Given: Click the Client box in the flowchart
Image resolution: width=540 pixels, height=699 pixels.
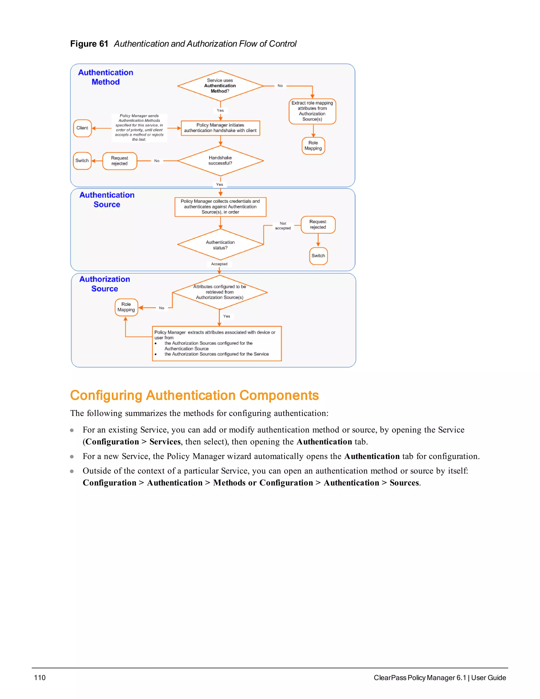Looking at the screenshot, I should [x=82, y=128].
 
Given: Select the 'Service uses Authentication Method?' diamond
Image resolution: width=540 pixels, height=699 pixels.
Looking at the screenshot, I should [x=220, y=86].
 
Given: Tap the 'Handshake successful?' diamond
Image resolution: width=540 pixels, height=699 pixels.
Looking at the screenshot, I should [x=220, y=160].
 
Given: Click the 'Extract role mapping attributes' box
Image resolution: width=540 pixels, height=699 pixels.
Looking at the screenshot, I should [x=312, y=111].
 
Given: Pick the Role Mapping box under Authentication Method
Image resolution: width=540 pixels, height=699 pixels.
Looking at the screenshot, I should [x=313, y=146].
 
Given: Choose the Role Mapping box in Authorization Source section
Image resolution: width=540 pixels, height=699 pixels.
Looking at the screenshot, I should [x=126, y=307].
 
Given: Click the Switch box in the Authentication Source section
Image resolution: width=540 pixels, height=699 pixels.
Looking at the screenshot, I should [x=318, y=256].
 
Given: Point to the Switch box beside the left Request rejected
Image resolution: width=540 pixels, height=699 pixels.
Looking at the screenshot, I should [x=82, y=161].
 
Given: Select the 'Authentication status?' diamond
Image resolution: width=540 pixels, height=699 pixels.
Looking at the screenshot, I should [x=220, y=245].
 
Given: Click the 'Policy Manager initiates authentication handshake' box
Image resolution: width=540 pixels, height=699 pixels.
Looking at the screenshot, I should [x=220, y=128].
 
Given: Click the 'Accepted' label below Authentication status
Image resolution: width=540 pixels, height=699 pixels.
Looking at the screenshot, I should [x=219, y=264].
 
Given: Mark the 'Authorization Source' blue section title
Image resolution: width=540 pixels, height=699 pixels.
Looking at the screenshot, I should [x=105, y=284].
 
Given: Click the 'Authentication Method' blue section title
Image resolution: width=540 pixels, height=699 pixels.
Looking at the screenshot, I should [x=105, y=77].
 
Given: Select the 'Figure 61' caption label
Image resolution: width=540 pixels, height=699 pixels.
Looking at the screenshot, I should [x=89, y=44].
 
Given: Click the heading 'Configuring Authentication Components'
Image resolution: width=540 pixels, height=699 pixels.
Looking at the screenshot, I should [x=194, y=395].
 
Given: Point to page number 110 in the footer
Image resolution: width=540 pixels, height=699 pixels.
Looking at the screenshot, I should [x=40, y=678].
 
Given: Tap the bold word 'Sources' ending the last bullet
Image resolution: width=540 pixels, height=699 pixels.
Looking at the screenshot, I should [x=404, y=483].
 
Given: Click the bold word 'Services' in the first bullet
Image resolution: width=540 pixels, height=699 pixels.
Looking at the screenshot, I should [x=165, y=442].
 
